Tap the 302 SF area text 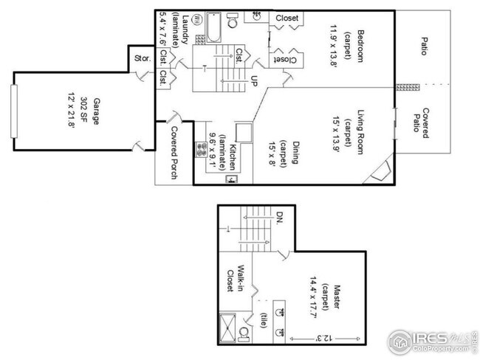pos(86,111)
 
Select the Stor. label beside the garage pos(142,58)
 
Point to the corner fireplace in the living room pos(381,171)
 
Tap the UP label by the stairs pos(254,80)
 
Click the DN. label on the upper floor pos(280,218)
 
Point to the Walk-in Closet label pos(235,279)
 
